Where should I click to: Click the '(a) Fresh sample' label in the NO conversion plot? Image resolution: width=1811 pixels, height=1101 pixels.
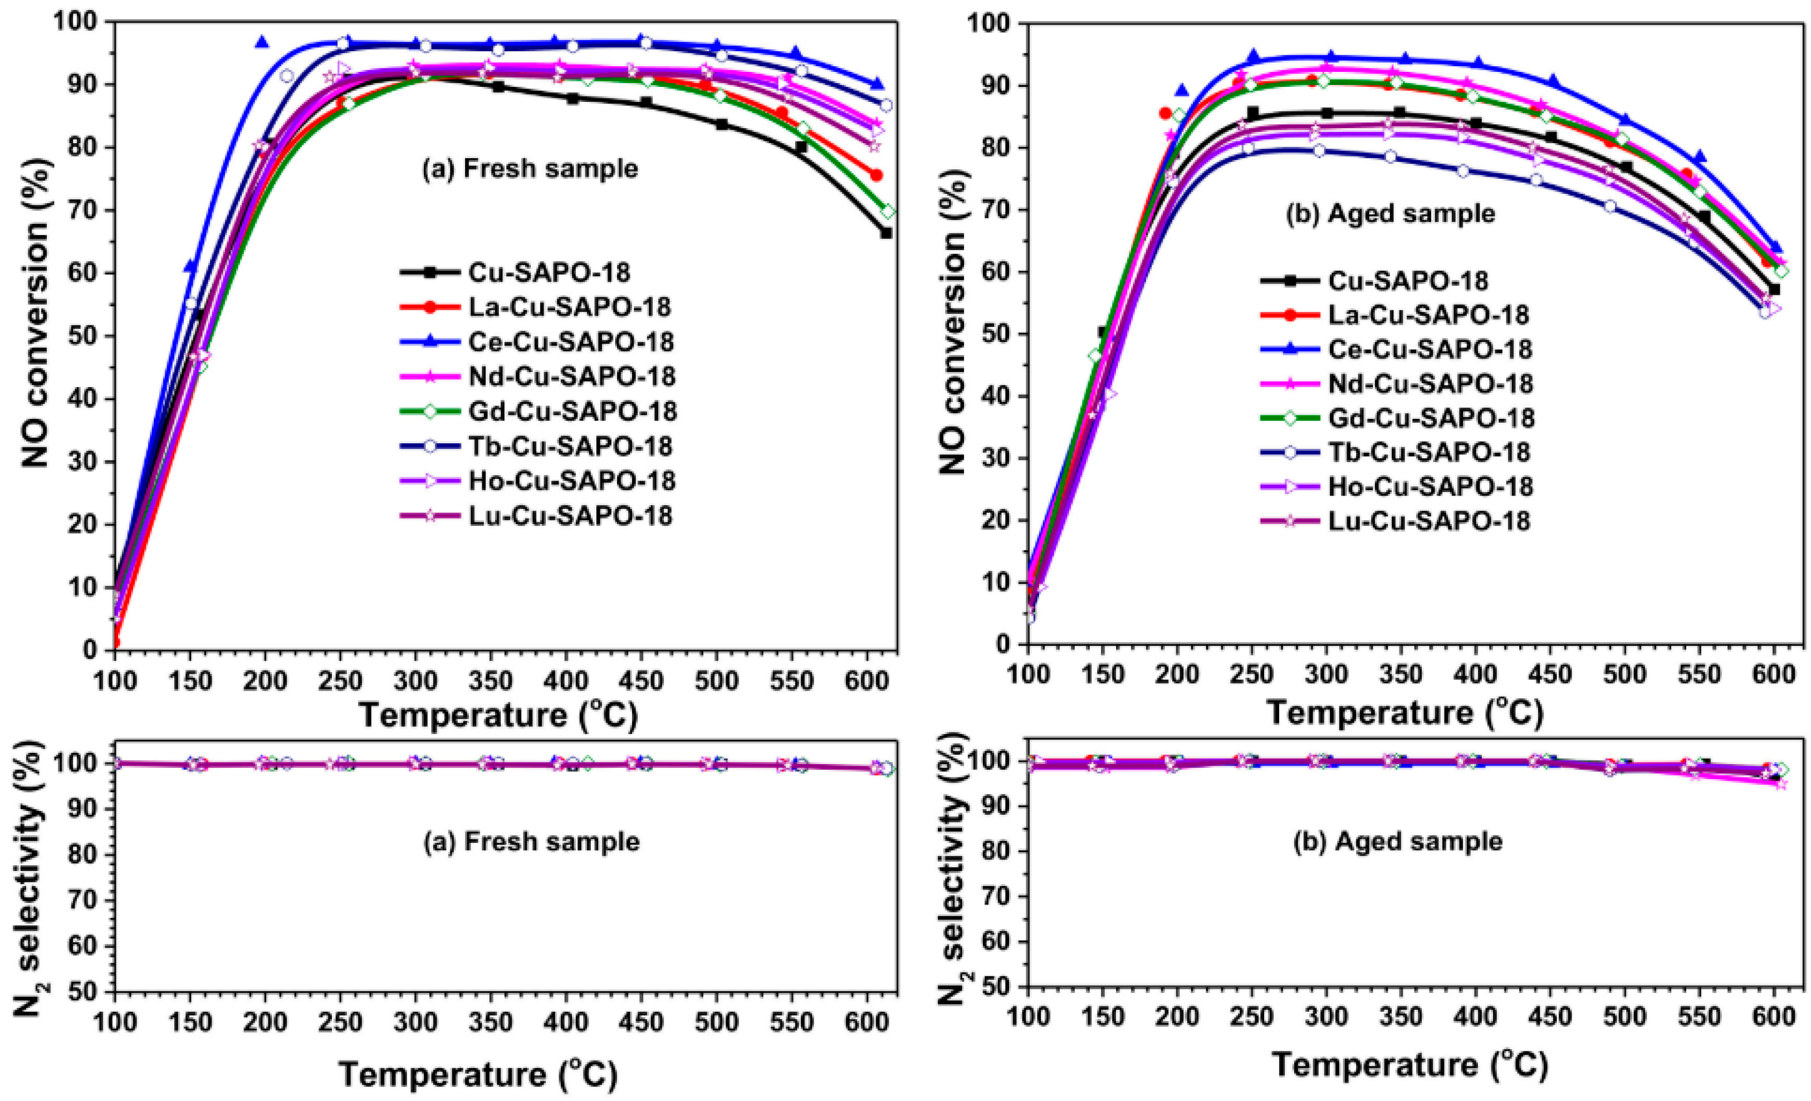click(x=529, y=169)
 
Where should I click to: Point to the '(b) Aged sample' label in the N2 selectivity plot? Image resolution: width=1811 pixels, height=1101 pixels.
click(x=1397, y=841)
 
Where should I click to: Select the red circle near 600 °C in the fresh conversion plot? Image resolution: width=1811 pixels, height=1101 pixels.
click(x=876, y=175)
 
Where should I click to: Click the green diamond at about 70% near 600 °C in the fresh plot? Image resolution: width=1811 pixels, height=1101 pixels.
click(x=888, y=212)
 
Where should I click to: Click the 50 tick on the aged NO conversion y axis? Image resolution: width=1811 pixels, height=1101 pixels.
click(x=995, y=334)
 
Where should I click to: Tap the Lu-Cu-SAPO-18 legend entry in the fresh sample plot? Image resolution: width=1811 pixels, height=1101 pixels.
click(x=570, y=516)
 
